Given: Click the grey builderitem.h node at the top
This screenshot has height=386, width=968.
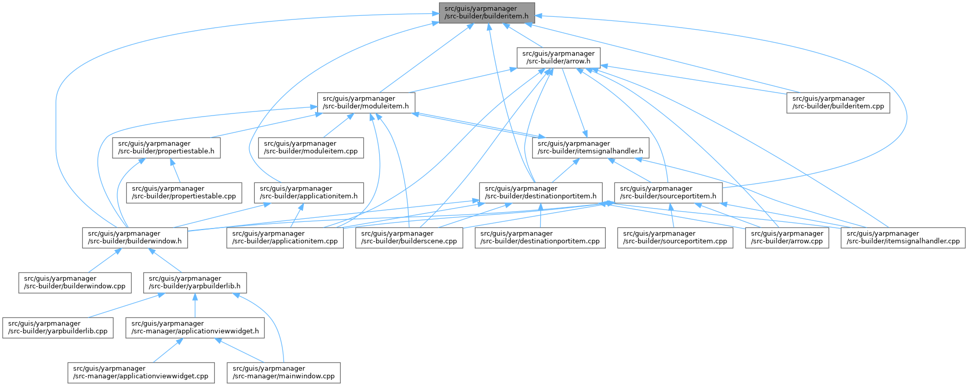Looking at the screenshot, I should point(487,12).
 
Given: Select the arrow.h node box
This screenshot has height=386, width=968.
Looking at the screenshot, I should point(558,57).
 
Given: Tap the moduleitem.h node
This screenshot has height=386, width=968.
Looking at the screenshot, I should point(366,102).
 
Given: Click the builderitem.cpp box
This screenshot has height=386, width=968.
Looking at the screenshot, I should point(838,102).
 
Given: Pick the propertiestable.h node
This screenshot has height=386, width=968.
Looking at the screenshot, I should point(166,147).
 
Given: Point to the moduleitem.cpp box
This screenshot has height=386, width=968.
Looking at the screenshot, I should point(311,147).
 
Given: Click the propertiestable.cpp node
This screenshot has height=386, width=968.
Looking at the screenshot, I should point(184,192).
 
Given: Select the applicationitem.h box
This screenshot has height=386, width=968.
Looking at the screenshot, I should point(309,192).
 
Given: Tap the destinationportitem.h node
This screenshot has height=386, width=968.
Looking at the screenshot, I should point(540,192).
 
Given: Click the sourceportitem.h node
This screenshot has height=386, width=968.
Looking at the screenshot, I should point(668,192).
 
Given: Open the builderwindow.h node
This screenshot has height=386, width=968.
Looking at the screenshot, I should point(135,237).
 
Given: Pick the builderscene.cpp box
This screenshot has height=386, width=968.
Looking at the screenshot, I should point(409,237).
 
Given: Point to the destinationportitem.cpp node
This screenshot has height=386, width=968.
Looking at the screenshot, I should point(540,237).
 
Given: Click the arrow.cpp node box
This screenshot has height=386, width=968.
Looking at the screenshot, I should point(787,237).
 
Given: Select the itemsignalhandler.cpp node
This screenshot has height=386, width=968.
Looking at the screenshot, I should point(903,237).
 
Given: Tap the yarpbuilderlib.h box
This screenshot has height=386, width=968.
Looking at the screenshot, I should point(194,282).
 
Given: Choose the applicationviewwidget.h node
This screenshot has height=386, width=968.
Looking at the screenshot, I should point(195,327).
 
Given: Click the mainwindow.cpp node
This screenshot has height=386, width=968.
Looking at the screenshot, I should point(283,372).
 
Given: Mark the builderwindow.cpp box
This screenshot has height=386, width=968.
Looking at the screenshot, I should point(75,282).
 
